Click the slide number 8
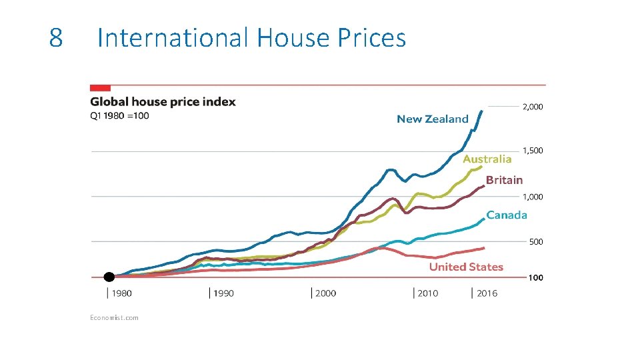pyautogui.click(x=56, y=38)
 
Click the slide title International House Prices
pyautogui.click(x=251, y=38)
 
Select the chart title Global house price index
pyautogui.click(x=163, y=102)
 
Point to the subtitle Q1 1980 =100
pyautogui.click(x=119, y=115)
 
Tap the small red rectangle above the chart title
pyautogui.click(x=100, y=87)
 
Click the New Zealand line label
pyautogui.click(x=433, y=119)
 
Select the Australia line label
pyautogui.click(x=487, y=159)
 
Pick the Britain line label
pyautogui.click(x=504, y=179)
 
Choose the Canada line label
pyautogui.click(x=507, y=215)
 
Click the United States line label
pyautogui.click(x=466, y=267)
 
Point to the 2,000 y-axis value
pyautogui.click(x=532, y=107)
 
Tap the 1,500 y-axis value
pyautogui.click(x=532, y=151)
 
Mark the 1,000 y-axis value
pyautogui.click(x=532, y=197)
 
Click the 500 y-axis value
pyautogui.click(x=536, y=242)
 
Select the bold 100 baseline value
pyautogui.click(x=536, y=278)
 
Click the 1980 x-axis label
pyautogui.click(x=121, y=293)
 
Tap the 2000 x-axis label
pyautogui.click(x=325, y=293)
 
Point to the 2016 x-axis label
pyautogui.click(x=487, y=293)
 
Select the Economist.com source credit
pyautogui.click(x=114, y=317)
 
